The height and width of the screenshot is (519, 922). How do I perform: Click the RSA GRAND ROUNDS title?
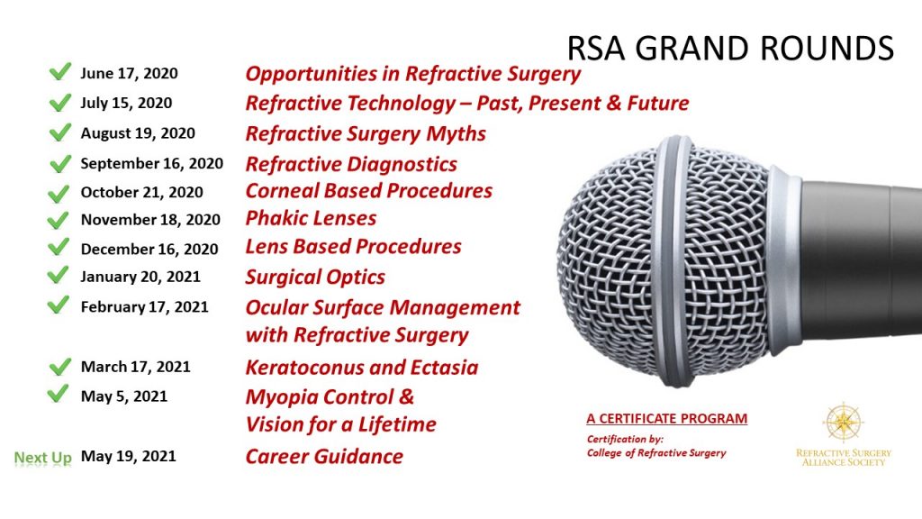(x=730, y=48)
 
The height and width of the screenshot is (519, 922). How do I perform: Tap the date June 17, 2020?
(x=129, y=74)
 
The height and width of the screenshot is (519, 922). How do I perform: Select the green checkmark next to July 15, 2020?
(x=59, y=103)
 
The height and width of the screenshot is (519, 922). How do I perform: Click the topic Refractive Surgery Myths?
(x=366, y=134)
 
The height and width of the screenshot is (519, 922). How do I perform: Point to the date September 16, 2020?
(x=151, y=164)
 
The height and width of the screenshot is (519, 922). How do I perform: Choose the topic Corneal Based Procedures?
(x=369, y=191)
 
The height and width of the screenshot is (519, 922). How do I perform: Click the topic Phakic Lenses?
(x=311, y=218)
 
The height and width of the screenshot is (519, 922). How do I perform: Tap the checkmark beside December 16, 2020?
(x=59, y=248)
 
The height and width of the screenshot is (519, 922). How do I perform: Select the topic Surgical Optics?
(x=315, y=277)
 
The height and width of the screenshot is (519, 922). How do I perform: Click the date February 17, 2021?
(x=144, y=307)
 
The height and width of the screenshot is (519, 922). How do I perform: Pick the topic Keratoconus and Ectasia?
(x=362, y=367)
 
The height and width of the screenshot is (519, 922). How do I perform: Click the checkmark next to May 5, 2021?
(x=59, y=395)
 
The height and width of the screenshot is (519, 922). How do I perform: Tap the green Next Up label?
(x=42, y=458)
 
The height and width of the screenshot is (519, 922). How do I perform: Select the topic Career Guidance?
(x=324, y=456)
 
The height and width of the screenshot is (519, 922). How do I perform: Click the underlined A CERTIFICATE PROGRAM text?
(x=666, y=419)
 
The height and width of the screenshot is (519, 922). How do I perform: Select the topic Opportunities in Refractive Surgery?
(x=413, y=74)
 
